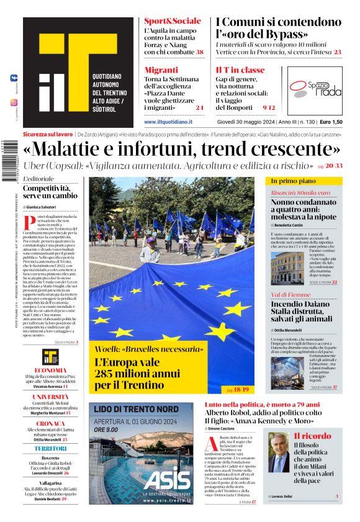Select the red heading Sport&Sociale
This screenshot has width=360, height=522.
(x=172, y=21)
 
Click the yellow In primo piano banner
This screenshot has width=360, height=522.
(x=305, y=181)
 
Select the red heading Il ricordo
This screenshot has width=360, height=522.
(x=312, y=436)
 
